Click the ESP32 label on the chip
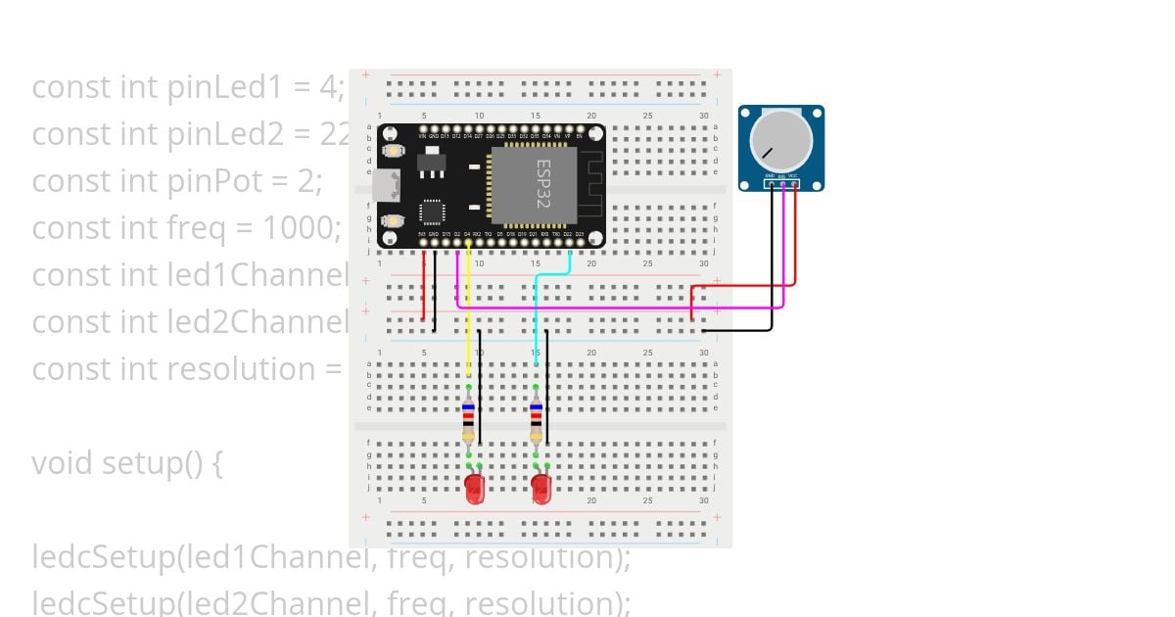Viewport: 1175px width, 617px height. coord(542,184)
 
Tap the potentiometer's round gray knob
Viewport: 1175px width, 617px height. coord(780,139)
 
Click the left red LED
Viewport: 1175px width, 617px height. coord(475,489)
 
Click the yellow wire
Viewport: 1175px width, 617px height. coord(469,313)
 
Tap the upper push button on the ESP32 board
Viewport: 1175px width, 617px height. coord(395,151)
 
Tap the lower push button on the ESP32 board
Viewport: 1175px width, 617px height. coord(395,222)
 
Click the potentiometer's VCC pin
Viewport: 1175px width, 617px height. coord(795,183)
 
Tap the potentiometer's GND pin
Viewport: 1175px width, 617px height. coord(772,183)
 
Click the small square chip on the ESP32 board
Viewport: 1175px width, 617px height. coord(432,212)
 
